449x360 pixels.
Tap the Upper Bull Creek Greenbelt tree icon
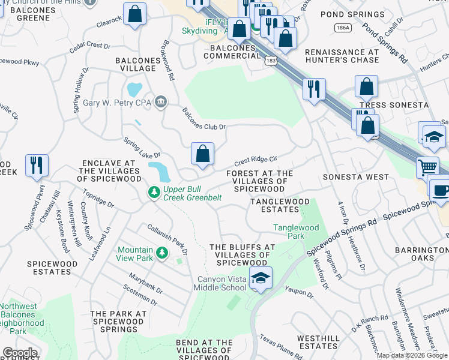(154, 192)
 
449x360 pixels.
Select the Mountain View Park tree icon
(161, 254)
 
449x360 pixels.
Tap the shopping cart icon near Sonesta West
(428, 167)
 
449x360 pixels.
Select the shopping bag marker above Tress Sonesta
(366, 87)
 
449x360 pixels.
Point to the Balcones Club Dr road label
(204, 119)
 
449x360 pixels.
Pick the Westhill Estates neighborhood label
(318, 342)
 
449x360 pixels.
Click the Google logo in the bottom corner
(20, 353)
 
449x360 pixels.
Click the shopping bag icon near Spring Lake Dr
(203, 154)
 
